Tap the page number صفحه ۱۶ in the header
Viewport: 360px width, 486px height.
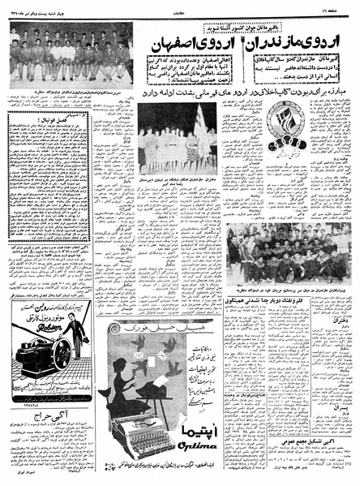336,6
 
